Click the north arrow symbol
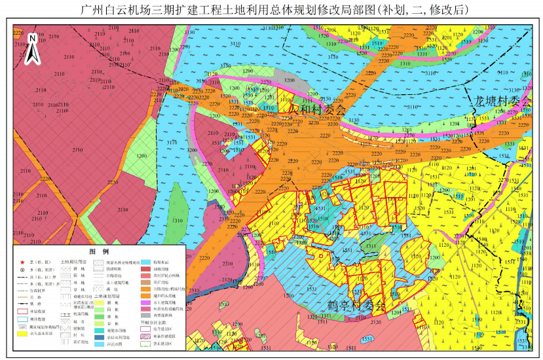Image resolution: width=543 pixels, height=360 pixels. pos(31,50)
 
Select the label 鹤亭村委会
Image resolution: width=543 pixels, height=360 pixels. pos(356,306)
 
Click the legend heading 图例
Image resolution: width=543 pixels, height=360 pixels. pos(99,252)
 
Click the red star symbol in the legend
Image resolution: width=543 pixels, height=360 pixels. pos(22,262)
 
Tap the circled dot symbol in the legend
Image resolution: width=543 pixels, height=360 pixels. pos(22,270)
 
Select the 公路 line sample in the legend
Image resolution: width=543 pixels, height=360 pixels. pos(22,297)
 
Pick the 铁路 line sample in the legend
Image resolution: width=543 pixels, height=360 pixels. pos(22,304)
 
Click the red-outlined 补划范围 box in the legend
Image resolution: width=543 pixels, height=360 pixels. pos(22,312)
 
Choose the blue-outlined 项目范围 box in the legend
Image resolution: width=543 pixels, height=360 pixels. pos(22,319)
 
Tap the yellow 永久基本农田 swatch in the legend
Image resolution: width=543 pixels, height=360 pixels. pos(22,333)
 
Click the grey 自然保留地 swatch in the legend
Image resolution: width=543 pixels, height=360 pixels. pos(145,315)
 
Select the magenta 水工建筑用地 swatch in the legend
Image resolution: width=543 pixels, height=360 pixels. pos(145,302)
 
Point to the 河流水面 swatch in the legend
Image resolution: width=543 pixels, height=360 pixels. pos(99,344)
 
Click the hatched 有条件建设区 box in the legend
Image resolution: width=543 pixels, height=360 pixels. pos(145,336)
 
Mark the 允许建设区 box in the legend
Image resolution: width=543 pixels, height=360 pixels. pos(145,329)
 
